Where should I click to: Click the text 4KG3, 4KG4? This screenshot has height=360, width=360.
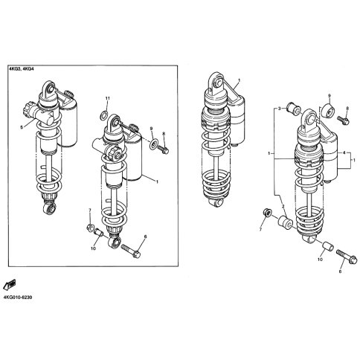pyautogui.click(x=21, y=69)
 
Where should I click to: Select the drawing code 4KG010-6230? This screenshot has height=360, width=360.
pyautogui.click(x=18, y=298)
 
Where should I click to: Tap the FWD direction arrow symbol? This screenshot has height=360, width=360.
pyautogui.click(x=10, y=285)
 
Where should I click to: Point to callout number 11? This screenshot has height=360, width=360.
pyautogui.click(x=107, y=98)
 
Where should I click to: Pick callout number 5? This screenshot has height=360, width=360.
pyautogui.click(x=22, y=127)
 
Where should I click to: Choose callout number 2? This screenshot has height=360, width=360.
pyautogui.click(x=283, y=206)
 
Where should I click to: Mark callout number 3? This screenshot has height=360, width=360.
pyautogui.click(x=279, y=109)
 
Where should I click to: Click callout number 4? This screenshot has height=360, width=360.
pyautogui.click(x=344, y=153)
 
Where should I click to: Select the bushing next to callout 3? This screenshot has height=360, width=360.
pyautogui.click(x=294, y=109)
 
